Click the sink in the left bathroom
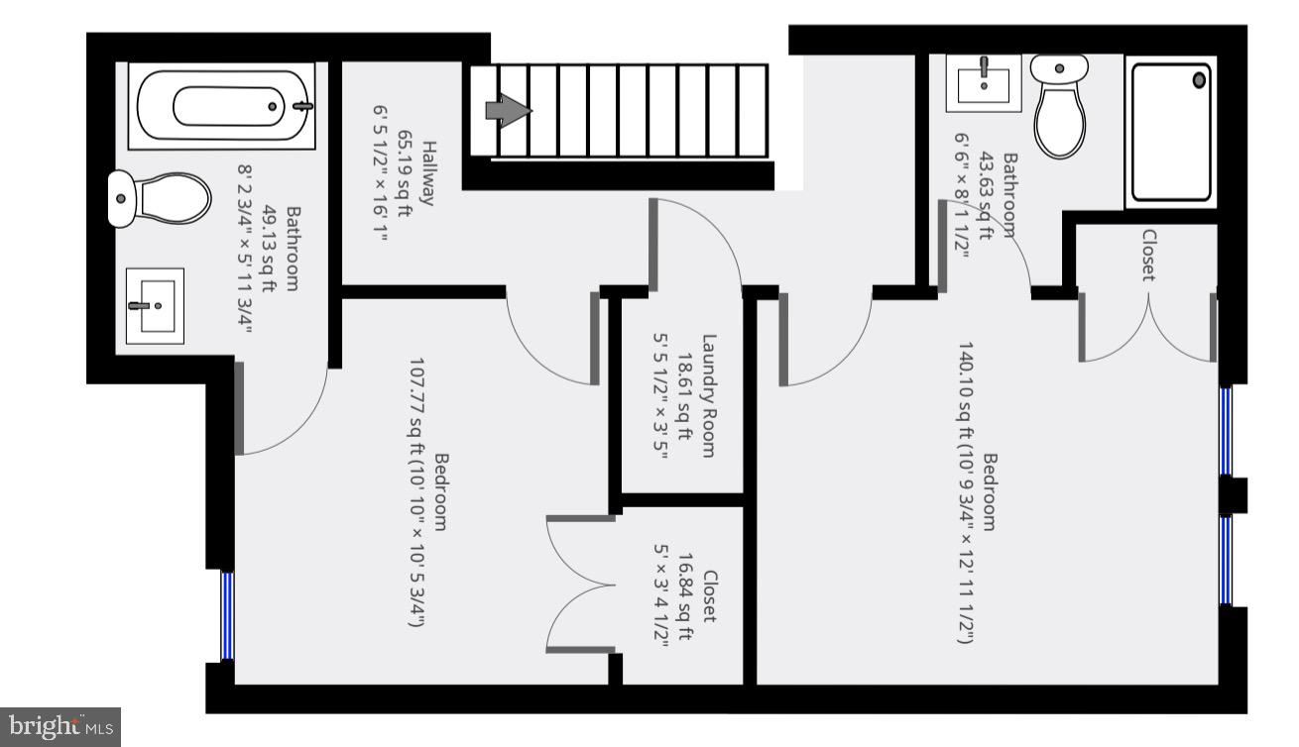[x=155, y=305]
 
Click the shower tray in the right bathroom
[x=1171, y=135]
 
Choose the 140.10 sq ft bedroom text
[x=964, y=492]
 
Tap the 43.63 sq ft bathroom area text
[x=986, y=196]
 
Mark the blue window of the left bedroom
[x=227, y=615]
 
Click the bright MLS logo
[x=59, y=726]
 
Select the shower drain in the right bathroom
[x=1200, y=79]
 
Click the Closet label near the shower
[x=1149, y=256]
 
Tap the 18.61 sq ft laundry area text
[x=684, y=395]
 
